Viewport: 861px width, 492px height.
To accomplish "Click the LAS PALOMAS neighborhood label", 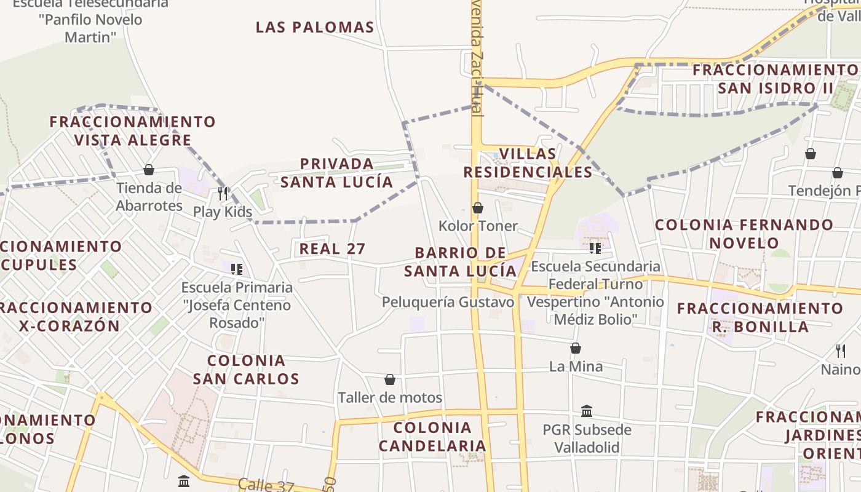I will pos(315,27).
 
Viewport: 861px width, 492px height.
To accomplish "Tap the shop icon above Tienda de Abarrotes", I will pos(148,170).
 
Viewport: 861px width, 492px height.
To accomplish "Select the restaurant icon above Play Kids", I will pos(223,193).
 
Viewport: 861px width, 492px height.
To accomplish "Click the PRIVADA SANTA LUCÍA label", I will pos(337,173).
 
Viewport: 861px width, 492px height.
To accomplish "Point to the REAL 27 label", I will pos(332,249).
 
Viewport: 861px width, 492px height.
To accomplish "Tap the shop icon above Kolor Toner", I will pos(478,208).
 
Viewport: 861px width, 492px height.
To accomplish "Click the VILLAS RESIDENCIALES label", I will pos(528,163).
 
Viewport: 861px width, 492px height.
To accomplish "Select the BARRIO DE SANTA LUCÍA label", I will pos(461,262).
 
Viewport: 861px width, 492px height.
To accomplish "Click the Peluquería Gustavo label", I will pos(448,302).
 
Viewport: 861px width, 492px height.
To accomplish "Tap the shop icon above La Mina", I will pos(576,349).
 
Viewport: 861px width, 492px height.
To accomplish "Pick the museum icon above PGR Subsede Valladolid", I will pos(587,411).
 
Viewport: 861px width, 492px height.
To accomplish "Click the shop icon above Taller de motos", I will pos(390,379).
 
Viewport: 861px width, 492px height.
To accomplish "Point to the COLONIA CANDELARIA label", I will pos(432,437).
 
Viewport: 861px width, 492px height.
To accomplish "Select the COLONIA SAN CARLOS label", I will pos(246,370).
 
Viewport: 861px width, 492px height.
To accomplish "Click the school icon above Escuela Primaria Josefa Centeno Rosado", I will pos(237,269).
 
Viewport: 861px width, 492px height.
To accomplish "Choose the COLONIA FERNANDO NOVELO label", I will pos(744,234).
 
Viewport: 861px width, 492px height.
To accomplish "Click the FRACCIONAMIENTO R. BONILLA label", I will pos(760,317).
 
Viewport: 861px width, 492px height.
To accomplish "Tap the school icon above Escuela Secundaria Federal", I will pos(595,248).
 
